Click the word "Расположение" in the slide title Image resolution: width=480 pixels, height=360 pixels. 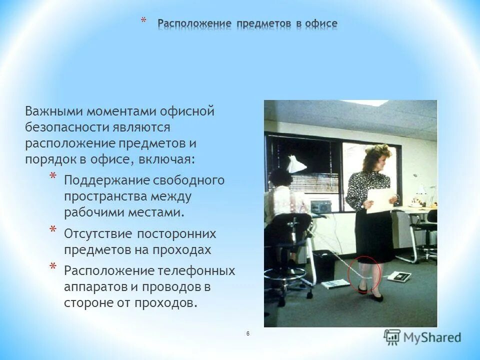point(194,24)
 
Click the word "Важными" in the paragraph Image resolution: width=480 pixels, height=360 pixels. point(54,110)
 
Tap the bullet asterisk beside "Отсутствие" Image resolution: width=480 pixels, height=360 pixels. point(53,230)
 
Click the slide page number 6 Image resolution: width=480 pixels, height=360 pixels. point(248,333)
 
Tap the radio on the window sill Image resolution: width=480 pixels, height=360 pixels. point(320,205)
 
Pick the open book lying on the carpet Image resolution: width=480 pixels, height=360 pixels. point(335,283)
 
